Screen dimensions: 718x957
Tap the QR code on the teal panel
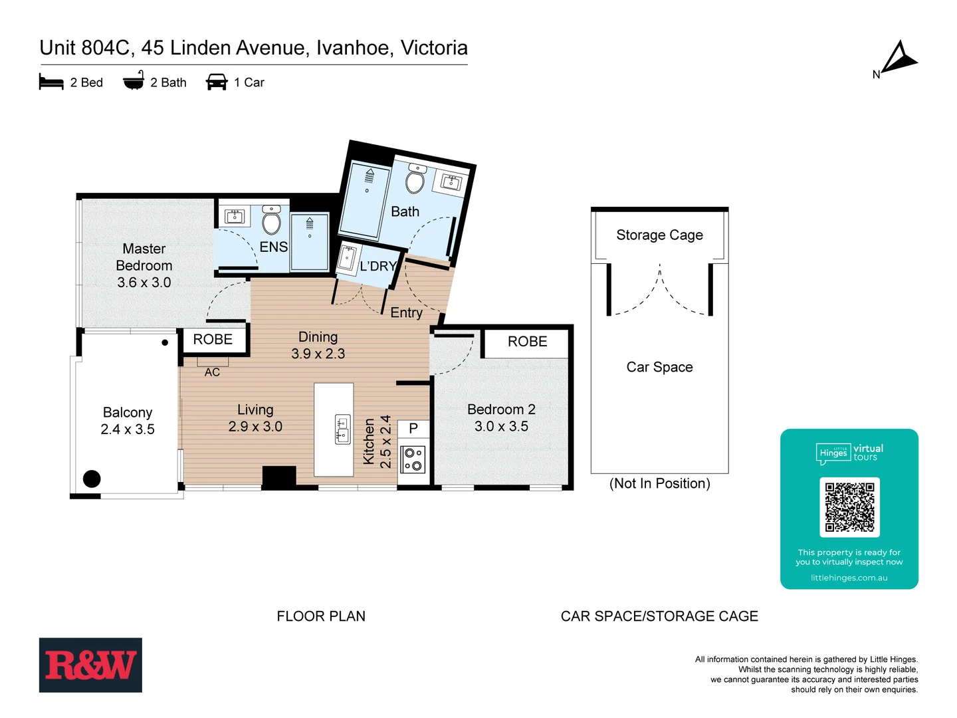click(849, 507)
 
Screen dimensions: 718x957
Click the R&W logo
click(90, 665)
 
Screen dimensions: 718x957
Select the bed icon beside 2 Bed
click(51, 82)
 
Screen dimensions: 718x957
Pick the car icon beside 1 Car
click(217, 82)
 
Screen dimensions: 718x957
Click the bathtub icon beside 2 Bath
click(134, 81)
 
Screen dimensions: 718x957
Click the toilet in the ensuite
click(271, 221)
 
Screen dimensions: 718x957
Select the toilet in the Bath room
click(415, 180)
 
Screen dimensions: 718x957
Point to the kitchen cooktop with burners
click(413, 459)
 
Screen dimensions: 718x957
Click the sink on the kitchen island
click(342, 429)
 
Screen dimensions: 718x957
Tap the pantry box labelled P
click(413, 429)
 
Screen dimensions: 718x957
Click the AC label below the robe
click(212, 372)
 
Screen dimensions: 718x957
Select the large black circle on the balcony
click(92, 478)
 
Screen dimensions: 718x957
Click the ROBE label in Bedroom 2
click(527, 342)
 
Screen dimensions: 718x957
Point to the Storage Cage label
click(659, 235)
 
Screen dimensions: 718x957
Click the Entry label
click(406, 312)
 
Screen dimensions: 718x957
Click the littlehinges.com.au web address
click(849, 578)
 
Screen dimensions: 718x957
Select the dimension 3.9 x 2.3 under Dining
click(318, 354)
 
